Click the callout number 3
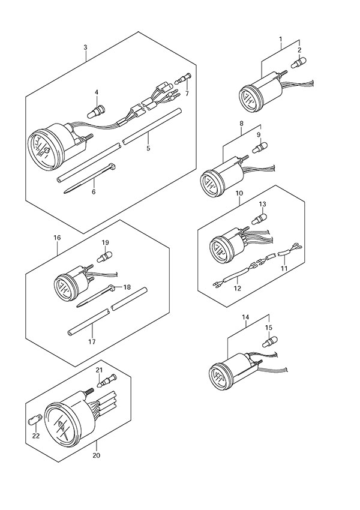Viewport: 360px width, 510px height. [x=85, y=47]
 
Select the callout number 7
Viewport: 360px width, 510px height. [x=187, y=94]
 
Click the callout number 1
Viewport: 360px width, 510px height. [x=280, y=40]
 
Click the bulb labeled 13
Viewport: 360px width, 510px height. [x=262, y=218]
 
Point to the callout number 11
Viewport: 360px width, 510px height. [x=284, y=268]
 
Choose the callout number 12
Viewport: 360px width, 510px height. [x=237, y=289]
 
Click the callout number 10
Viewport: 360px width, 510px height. [x=239, y=194]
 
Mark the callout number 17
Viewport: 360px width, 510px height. [x=92, y=343]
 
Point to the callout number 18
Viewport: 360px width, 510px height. [x=127, y=288]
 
